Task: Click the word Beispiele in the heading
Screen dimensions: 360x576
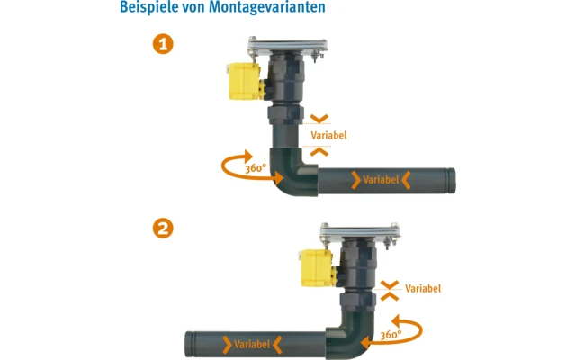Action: click(x=149, y=8)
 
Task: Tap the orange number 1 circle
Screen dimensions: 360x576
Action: click(x=163, y=44)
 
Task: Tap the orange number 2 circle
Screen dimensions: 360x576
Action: click(x=163, y=228)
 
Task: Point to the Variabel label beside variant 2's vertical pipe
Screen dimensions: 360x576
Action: click(x=423, y=289)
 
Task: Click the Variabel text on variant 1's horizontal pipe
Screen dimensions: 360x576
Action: click(x=381, y=180)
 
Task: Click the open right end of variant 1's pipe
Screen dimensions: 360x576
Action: click(x=451, y=180)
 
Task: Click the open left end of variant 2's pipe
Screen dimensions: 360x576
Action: click(x=189, y=344)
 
